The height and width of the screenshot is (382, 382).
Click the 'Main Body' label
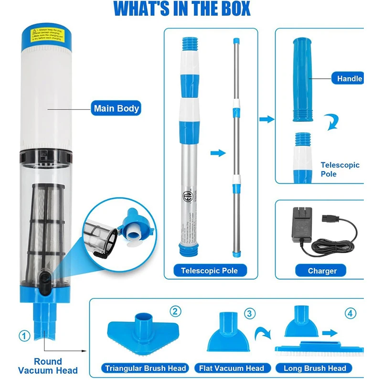pyautogui.click(x=116, y=108)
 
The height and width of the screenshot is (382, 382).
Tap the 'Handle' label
pyautogui.click(x=349, y=79)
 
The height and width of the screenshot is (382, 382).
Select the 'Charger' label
pyautogui.click(x=322, y=271)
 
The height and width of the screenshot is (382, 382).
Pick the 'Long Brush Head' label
pyautogui.click(x=315, y=368)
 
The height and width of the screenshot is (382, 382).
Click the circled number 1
pyautogui.click(x=24, y=336)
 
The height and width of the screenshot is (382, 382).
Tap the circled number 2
pyautogui.click(x=176, y=312)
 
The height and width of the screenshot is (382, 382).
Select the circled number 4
pyautogui.click(x=351, y=314)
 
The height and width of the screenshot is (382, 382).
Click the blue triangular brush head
pyautogui.click(x=143, y=332)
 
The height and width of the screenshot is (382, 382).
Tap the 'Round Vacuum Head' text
pyautogui.click(x=48, y=366)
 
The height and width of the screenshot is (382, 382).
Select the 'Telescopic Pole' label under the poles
pyautogui.click(x=209, y=271)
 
